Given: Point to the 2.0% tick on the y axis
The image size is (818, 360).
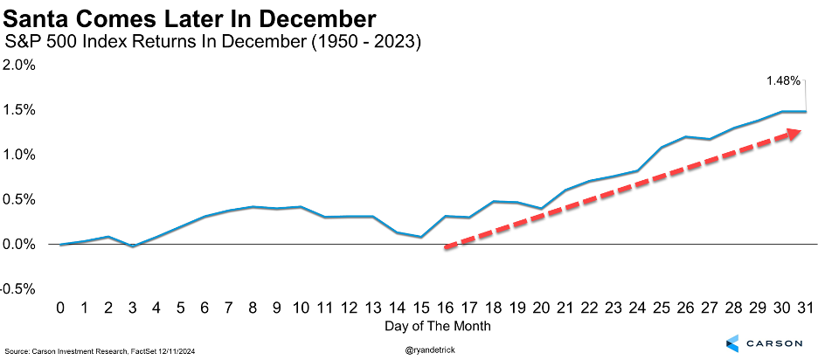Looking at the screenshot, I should point(20,65).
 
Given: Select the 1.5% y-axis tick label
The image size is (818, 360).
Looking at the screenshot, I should point(20,110).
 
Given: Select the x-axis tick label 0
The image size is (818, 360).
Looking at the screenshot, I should point(61,308).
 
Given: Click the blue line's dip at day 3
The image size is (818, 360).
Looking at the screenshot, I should point(132,246).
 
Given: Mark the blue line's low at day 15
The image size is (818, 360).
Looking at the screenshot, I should point(421,237).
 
